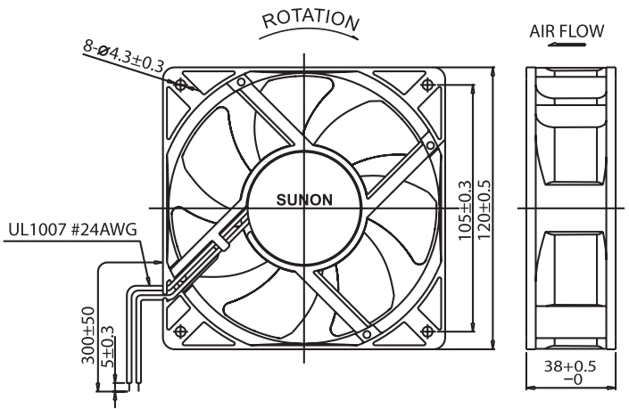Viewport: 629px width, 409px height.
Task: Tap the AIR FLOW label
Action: pyautogui.click(x=567, y=31)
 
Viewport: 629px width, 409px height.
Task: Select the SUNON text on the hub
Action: pyautogui.click(x=304, y=200)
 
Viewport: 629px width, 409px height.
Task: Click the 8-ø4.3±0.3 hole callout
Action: pyautogui.click(x=124, y=55)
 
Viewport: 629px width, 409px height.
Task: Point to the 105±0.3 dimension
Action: pyautogui.click(x=465, y=210)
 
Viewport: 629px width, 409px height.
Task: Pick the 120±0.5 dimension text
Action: pyautogui.click(x=484, y=209)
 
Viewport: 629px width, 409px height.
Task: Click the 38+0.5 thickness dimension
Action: pyautogui.click(x=570, y=365)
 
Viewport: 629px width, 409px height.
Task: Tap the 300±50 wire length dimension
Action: pyautogui.click(x=88, y=336)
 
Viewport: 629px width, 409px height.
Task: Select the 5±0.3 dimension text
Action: pyautogui.click(x=107, y=346)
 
